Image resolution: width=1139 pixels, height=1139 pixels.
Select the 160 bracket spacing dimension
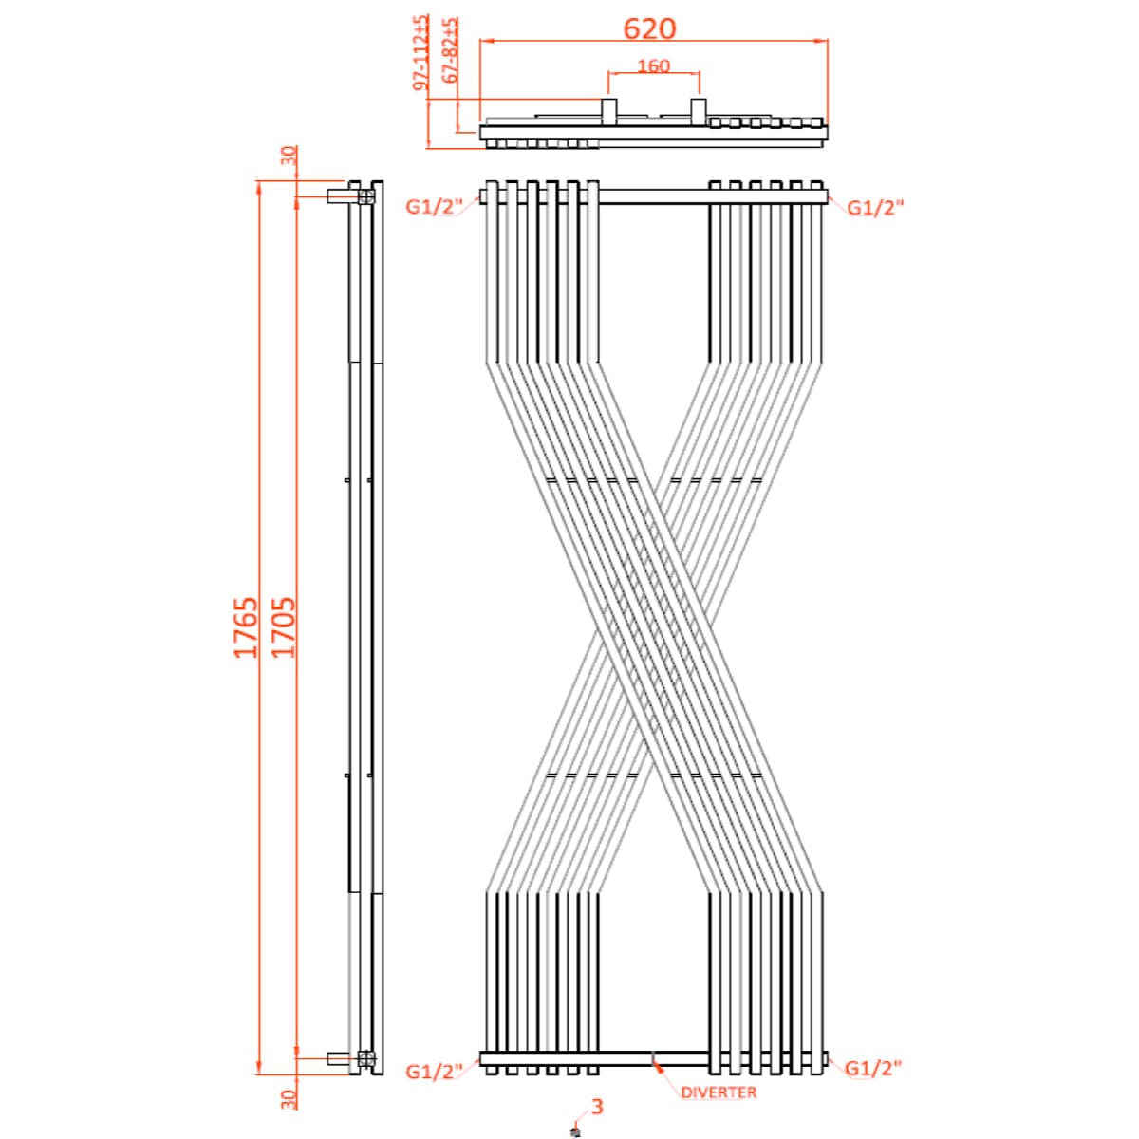point(653,65)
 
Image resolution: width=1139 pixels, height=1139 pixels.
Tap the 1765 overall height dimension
point(246,627)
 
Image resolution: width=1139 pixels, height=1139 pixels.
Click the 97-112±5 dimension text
point(421,53)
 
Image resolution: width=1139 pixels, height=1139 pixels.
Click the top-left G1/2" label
point(434,207)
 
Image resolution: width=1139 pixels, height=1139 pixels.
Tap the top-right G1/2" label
point(874,207)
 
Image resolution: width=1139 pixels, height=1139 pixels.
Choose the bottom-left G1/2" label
point(434,1071)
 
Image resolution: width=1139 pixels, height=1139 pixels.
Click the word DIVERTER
point(719,1092)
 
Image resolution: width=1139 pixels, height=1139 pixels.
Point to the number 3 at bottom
point(597,1106)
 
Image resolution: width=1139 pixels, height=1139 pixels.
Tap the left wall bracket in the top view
point(608,112)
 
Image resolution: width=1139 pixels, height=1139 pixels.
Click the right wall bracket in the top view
point(698,112)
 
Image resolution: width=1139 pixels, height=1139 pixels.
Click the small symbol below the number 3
point(574,1130)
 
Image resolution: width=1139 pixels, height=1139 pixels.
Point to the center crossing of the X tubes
point(654,627)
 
